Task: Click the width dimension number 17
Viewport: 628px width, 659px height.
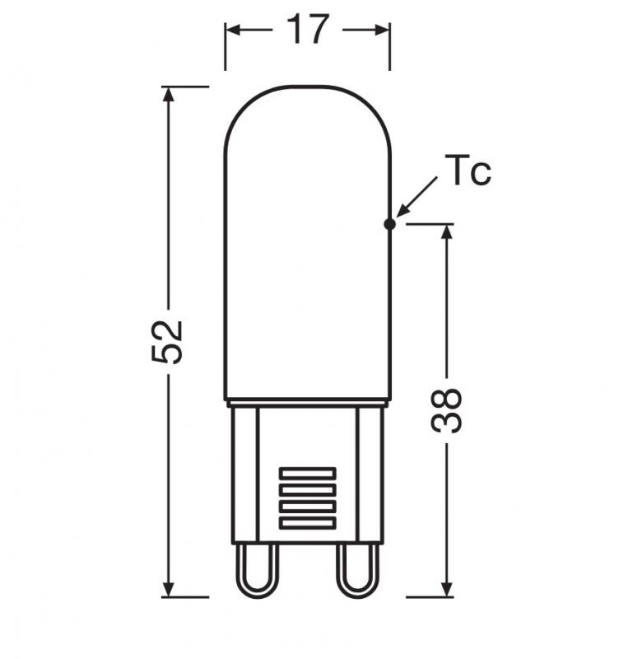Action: pyautogui.click(x=307, y=30)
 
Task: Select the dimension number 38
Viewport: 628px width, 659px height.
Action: pyautogui.click(x=447, y=410)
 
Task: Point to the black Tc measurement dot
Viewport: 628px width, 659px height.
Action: pyautogui.click(x=390, y=222)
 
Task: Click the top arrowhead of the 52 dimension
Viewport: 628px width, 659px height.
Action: pyautogui.click(x=169, y=95)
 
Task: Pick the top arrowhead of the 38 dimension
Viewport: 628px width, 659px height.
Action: pyautogui.click(x=447, y=231)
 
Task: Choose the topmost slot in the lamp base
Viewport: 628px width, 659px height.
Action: pyautogui.click(x=307, y=473)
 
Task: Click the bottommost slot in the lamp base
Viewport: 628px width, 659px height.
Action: pyautogui.click(x=307, y=522)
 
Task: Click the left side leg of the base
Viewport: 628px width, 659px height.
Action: pyautogui.click(x=245, y=474)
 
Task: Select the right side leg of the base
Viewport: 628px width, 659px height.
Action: pyautogui.click(x=369, y=474)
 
